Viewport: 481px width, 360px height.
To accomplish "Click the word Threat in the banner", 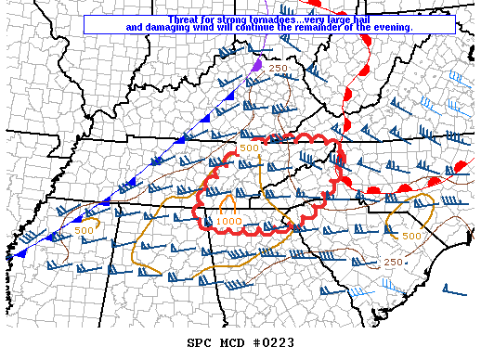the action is coord(185,19).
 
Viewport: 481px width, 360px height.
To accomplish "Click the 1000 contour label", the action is coord(229,222).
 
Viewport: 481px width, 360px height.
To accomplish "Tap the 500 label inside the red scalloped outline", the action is coord(250,148).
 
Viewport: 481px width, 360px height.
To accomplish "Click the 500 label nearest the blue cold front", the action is coord(84,229).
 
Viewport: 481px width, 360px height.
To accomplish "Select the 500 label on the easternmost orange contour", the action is coord(412,236).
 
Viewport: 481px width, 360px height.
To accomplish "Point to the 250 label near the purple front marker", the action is coord(279,69).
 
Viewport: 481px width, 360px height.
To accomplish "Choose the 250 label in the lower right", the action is coord(393,263).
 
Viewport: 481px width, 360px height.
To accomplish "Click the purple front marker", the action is coord(256,67).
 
